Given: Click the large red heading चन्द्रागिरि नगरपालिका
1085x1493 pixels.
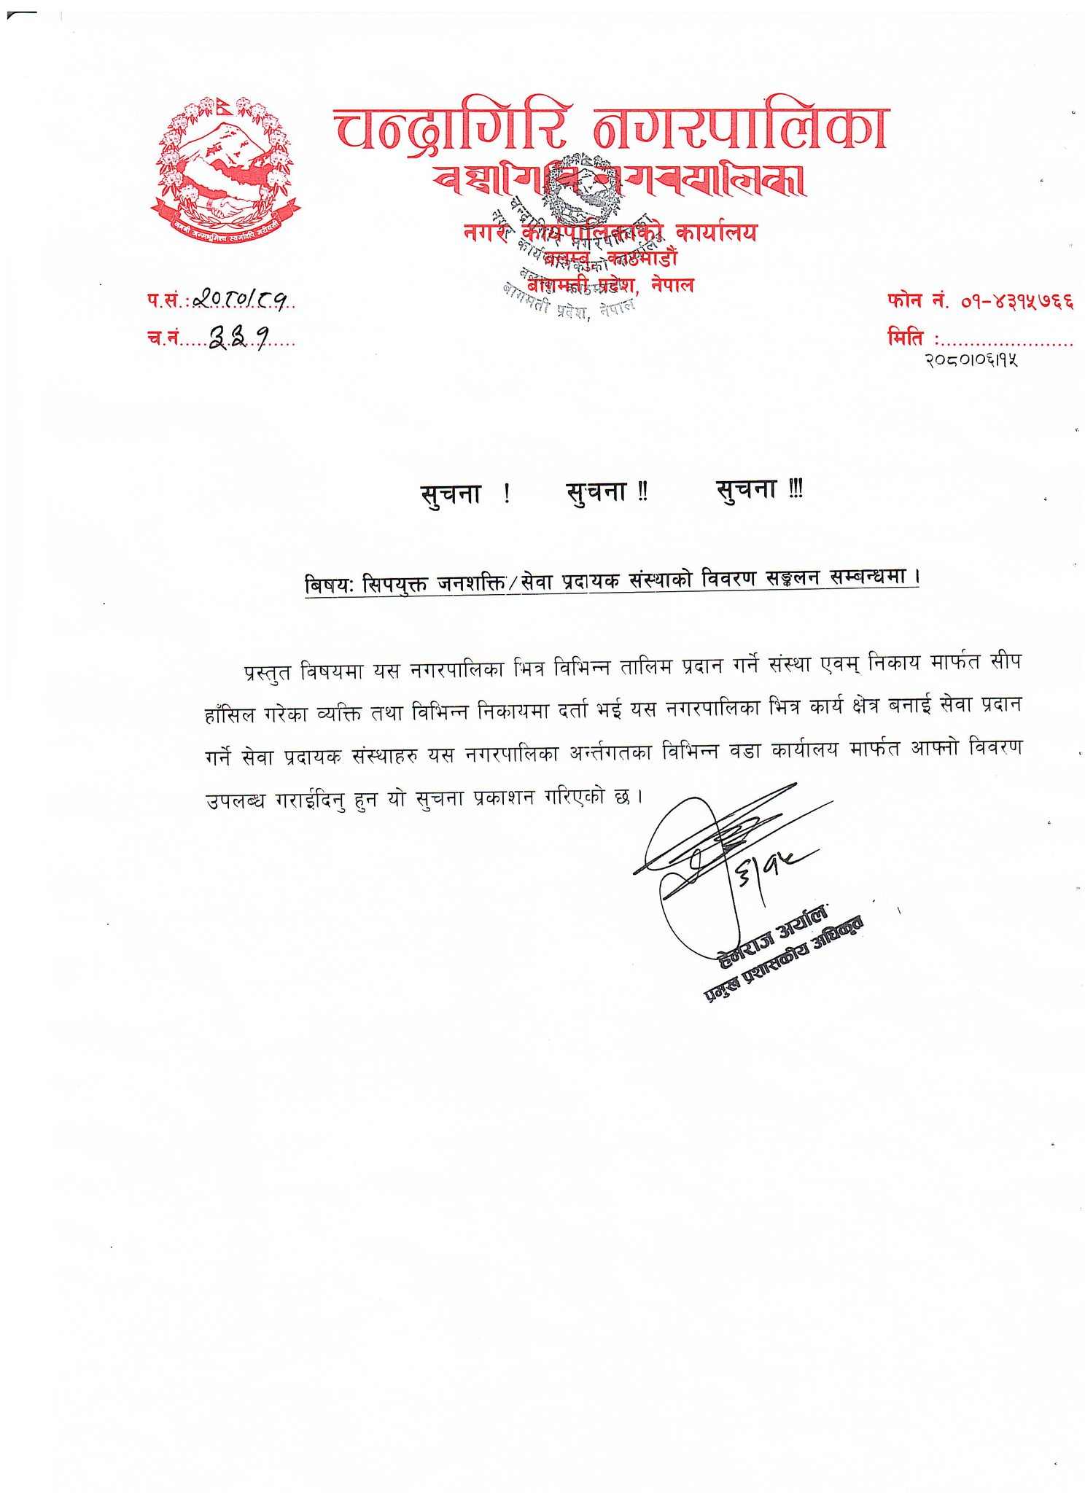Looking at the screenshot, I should [x=611, y=128].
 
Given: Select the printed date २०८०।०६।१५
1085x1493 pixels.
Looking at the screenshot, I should [x=971, y=359].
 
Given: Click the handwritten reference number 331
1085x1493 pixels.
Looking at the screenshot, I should [x=238, y=336].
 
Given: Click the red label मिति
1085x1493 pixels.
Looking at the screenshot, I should [x=905, y=338].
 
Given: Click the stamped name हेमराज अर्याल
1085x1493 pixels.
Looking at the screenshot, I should [x=772, y=937].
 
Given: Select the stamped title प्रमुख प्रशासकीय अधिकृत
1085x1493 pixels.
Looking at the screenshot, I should [x=783, y=960].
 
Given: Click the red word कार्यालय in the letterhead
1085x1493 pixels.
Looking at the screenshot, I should [x=716, y=233].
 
